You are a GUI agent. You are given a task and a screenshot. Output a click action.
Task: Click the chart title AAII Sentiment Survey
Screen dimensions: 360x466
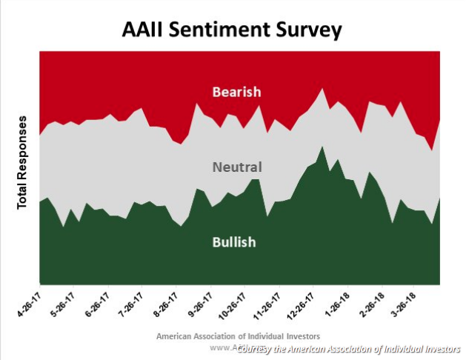click(232, 30)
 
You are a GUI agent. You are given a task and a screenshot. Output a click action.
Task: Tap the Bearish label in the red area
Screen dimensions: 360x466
click(236, 92)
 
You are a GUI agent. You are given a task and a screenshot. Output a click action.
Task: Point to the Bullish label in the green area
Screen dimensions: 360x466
click(234, 241)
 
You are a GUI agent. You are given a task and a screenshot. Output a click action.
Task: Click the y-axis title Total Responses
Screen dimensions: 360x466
click(22, 161)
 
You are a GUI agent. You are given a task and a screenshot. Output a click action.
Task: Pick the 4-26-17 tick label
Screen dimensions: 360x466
click(28, 304)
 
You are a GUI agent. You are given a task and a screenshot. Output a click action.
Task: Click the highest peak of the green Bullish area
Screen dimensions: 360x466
click(322, 147)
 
